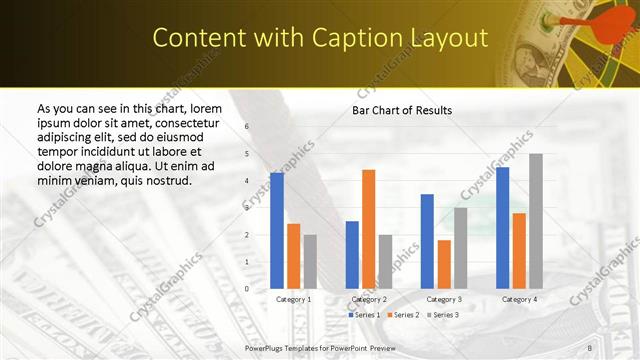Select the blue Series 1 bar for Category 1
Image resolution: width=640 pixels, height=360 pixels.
pyautogui.click(x=277, y=231)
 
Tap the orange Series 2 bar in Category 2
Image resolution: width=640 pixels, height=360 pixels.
pyautogui.click(x=368, y=229)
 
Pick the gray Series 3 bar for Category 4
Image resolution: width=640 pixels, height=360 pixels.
pyautogui.click(x=536, y=221)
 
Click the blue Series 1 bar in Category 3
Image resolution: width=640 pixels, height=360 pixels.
pyautogui.click(x=427, y=241)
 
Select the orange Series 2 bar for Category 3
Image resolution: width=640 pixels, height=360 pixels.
pyautogui.click(x=444, y=264)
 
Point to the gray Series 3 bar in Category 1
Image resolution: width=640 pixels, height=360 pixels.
pyautogui.click(x=310, y=261)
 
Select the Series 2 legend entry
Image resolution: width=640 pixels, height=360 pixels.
pyautogui.click(x=402, y=315)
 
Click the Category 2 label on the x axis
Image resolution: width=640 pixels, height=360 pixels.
pyautogui.click(x=369, y=299)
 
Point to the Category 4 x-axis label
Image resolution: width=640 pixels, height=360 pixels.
pyautogui.click(x=519, y=299)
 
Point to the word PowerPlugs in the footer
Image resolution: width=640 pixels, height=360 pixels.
pyautogui.click(x=265, y=346)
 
